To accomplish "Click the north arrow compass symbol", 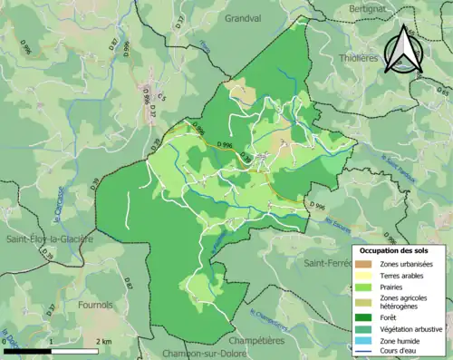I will click(403, 49).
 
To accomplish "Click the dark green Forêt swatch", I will click(365, 317).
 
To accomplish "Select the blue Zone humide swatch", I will click(365, 343).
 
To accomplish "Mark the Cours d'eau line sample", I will click(365, 354).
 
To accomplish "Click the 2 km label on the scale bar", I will click(104, 342).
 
